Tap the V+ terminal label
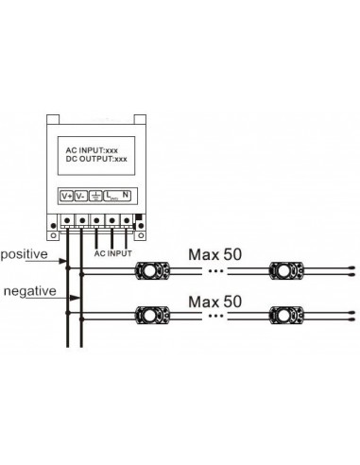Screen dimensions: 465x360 67,197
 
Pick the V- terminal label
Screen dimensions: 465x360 81,197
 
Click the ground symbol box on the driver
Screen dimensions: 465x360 97,197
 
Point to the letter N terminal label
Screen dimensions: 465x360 126,196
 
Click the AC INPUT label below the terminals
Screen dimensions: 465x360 113,252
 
